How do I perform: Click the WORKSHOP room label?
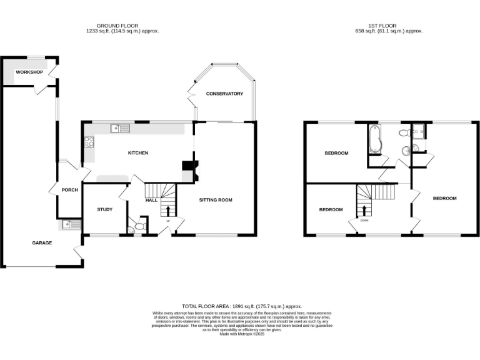(x=29, y=72)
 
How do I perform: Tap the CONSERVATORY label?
(x=224, y=94)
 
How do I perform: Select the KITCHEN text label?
(x=138, y=153)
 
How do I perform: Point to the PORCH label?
(x=69, y=190)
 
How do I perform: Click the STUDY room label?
(x=104, y=209)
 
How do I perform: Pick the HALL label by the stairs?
(x=151, y=201)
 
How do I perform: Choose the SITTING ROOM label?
(x=216, y=201)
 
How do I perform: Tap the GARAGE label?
(x=42, y=243)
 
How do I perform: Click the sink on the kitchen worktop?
(x=119, y=129)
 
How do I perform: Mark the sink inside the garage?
(x=70, y=225)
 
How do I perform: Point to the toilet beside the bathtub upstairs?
(x=404, y=132)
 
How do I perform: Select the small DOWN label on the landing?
(x=364, y=221)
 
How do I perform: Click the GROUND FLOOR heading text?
(x=122, y=26)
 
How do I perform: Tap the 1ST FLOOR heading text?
(x=388, y=26)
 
